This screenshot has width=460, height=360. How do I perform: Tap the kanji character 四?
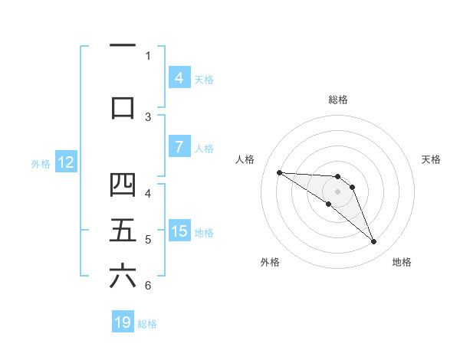(123, 185)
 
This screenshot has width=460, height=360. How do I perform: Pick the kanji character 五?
(123, 231)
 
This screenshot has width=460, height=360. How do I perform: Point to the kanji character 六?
(123, 277)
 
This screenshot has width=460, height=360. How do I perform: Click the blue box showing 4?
(179, 77)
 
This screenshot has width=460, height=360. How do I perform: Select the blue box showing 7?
(179, 147)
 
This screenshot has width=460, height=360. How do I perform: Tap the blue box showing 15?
(179, 231)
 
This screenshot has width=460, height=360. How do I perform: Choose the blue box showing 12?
(66, 162)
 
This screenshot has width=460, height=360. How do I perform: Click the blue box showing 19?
(123, 322)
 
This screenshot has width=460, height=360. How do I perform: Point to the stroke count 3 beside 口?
(148, 117)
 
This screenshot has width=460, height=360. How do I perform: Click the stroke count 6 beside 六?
(148, 286)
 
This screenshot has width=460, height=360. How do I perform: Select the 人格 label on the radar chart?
(245, 159)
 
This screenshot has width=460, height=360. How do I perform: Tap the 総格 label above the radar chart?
(338, 100)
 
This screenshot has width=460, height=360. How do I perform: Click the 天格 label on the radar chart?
(432, 159)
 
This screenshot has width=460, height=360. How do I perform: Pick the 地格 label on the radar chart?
(402, 262)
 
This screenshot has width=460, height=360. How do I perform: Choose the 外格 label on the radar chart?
(270, 262)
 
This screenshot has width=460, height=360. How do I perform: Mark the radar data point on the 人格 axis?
(279, 172)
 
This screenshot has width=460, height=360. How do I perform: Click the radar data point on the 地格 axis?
(373, 242)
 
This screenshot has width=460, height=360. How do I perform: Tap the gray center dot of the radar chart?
(338, 191)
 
